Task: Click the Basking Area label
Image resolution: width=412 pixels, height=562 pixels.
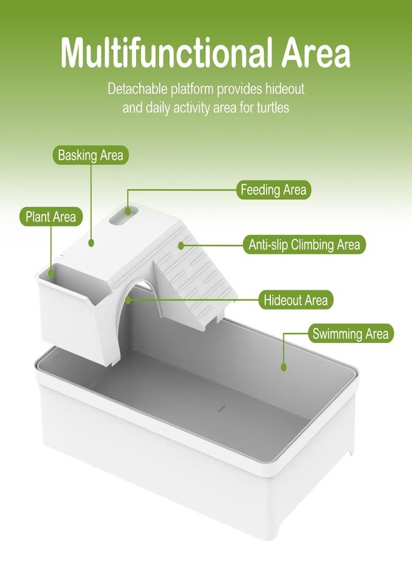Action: click(91, 155)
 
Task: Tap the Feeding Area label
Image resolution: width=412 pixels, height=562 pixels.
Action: click(273, 190)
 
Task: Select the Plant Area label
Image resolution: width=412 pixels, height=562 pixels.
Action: click(51, 217)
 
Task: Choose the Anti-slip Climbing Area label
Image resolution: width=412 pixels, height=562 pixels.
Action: click(304, 244)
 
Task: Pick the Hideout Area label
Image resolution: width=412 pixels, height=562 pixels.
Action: click(295, 300)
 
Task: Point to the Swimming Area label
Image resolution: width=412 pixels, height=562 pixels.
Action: click(350, 333)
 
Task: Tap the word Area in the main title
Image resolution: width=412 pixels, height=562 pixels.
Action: click(316, 54)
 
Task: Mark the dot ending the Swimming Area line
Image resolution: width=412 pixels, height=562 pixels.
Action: click(284, 367)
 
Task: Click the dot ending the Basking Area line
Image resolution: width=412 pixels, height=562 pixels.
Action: click(91, 243)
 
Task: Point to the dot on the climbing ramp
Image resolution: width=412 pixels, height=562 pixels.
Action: click(181, 245)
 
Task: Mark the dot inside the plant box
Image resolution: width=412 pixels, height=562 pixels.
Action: click(51, 274)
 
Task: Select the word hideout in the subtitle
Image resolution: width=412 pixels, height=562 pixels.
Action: click(285, 89)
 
